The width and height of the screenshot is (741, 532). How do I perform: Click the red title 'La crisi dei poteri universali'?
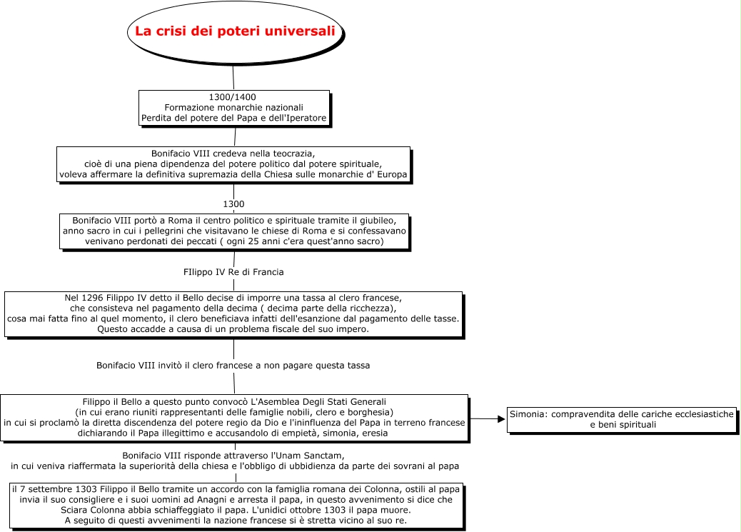coord(235,31)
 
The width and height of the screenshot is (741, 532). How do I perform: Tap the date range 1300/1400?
coord(233,97)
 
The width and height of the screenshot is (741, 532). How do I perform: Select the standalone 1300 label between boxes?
coord(233,204)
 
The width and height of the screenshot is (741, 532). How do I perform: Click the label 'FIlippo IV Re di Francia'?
coord(233,272)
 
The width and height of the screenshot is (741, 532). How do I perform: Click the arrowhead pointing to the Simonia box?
coord(501,418)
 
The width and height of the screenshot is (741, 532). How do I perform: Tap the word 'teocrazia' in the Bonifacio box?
coord(293,154)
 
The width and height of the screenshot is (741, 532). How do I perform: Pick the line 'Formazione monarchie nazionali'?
coord(233,107)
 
